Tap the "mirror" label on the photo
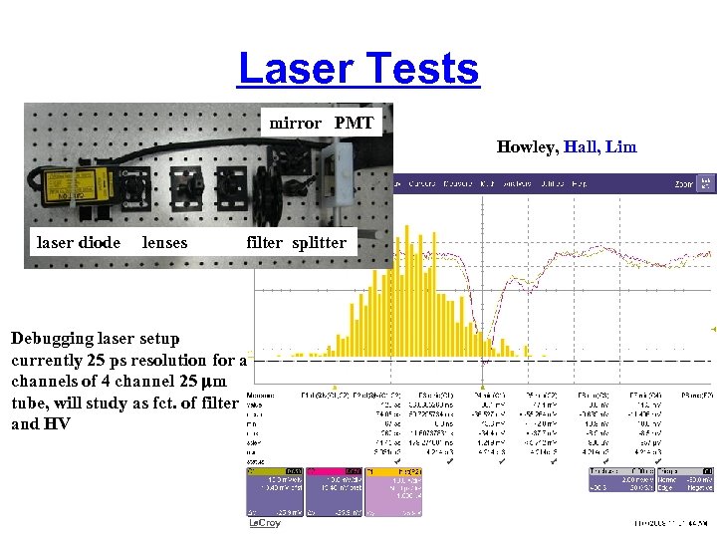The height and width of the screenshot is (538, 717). [296, 124]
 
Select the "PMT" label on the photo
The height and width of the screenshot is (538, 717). [354, 124]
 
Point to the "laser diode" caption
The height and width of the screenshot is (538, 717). [79, 242]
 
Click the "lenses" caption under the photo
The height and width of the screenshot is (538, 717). [164, 242]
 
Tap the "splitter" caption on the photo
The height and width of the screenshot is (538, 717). [319, 242]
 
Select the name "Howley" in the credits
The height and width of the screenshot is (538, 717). [527, 147]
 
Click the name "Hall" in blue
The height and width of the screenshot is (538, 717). [582, 147]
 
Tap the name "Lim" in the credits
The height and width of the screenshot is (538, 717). [621, 147]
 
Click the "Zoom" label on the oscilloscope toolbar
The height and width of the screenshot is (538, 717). [683, 183]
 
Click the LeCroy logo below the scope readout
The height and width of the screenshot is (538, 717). [265, 523]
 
